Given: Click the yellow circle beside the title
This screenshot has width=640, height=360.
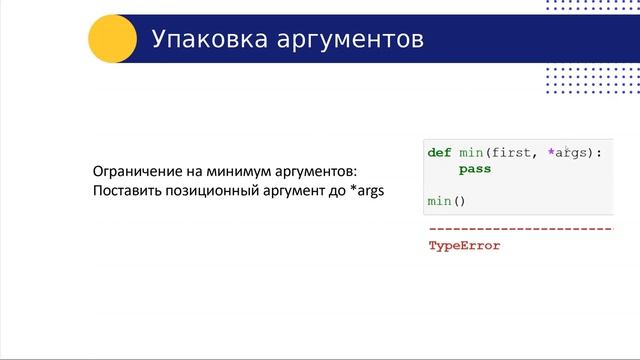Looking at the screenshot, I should tap(113, 39).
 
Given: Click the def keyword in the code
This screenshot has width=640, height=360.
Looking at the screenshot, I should tap(439, 153).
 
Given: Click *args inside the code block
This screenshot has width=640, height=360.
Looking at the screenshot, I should tap(567, 153).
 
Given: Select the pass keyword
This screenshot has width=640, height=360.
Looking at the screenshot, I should tap(475, 170).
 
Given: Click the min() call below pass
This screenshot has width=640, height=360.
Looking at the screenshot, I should tap(447, 201).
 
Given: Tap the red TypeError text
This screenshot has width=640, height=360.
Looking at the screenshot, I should tap(464, 245).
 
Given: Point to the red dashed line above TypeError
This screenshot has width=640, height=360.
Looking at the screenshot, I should tap(520, 229).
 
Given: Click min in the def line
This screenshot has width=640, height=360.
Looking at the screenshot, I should tap(470, 153).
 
